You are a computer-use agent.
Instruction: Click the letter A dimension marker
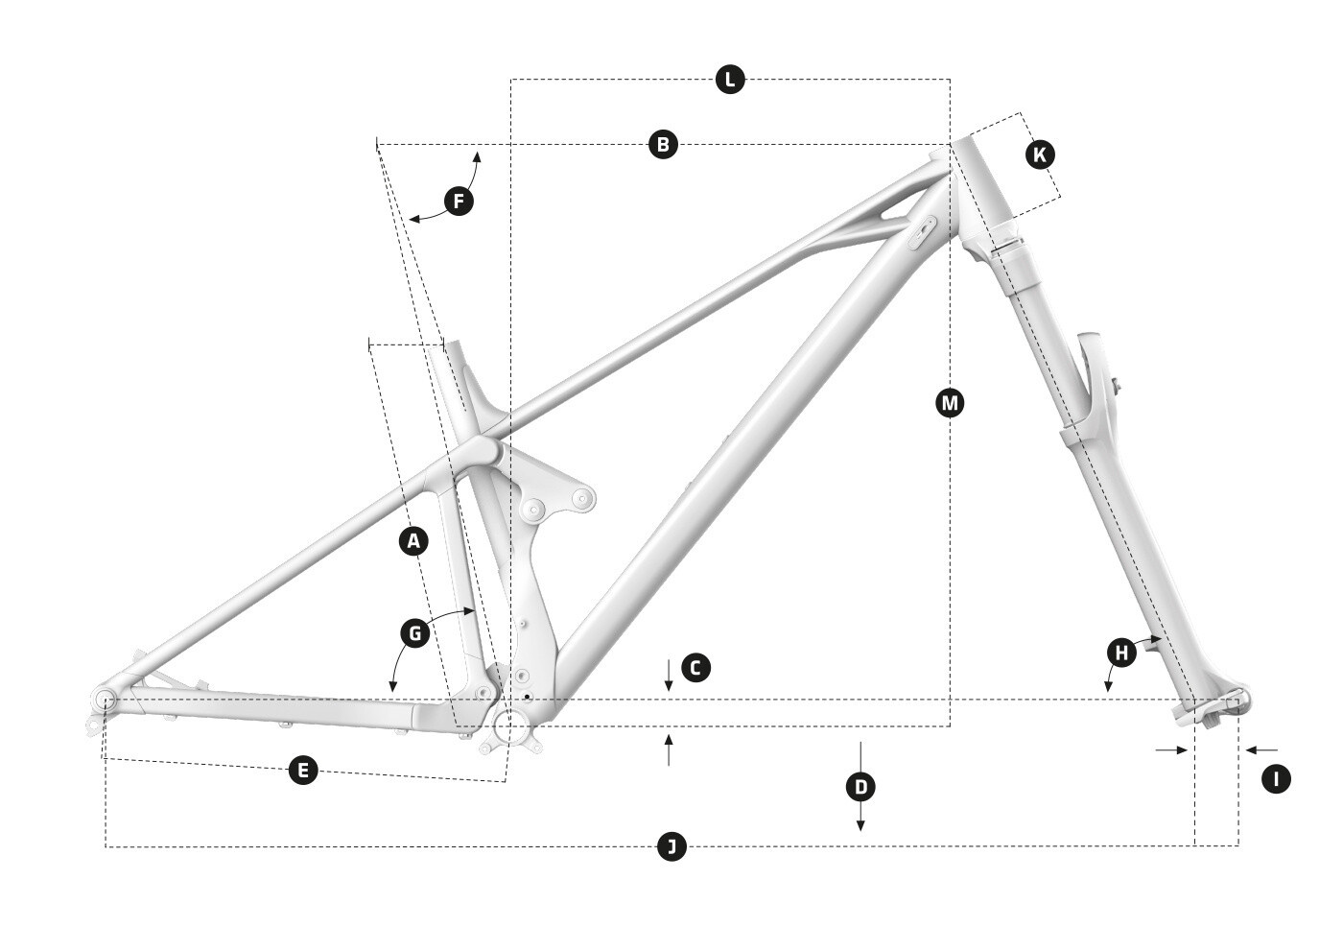coord(413,541)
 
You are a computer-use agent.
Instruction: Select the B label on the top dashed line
coord(663,145)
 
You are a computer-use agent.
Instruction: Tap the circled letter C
coord(695,667)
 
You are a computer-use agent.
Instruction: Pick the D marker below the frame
coord(860,787)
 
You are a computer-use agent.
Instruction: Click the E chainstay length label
coord(303,770)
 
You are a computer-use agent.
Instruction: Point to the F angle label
coord(459,201)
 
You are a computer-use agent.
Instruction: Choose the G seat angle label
coord(414,633)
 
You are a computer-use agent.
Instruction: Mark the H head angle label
coord(1121,653)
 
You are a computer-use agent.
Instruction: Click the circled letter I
coord(1276,779)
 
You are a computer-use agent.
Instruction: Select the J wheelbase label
coord(671,846)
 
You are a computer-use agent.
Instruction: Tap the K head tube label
coord(1040,154)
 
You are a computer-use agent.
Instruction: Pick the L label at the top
coord(730,79)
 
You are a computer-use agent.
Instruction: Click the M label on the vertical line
coord(951,402)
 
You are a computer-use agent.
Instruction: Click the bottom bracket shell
coord(510,726)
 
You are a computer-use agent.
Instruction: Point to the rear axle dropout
coord(105,700)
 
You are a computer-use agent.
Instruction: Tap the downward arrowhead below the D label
coord(860,825)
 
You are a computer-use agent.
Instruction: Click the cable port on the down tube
coord(922,232)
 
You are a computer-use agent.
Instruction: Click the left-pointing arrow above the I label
coord(1261,749)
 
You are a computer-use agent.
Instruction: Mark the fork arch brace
coord(1093,384)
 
